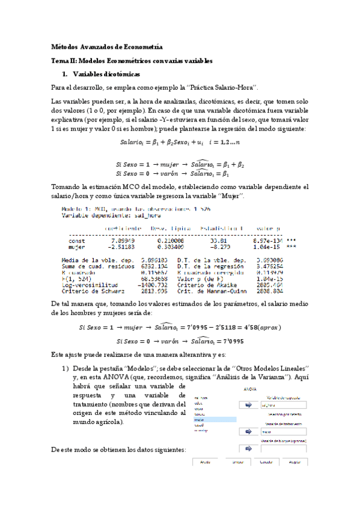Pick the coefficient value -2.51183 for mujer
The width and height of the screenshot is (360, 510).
click(122, 247)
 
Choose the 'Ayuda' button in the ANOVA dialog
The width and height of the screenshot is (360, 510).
click(206, 462)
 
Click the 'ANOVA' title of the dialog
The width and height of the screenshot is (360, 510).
click(250, 389)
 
